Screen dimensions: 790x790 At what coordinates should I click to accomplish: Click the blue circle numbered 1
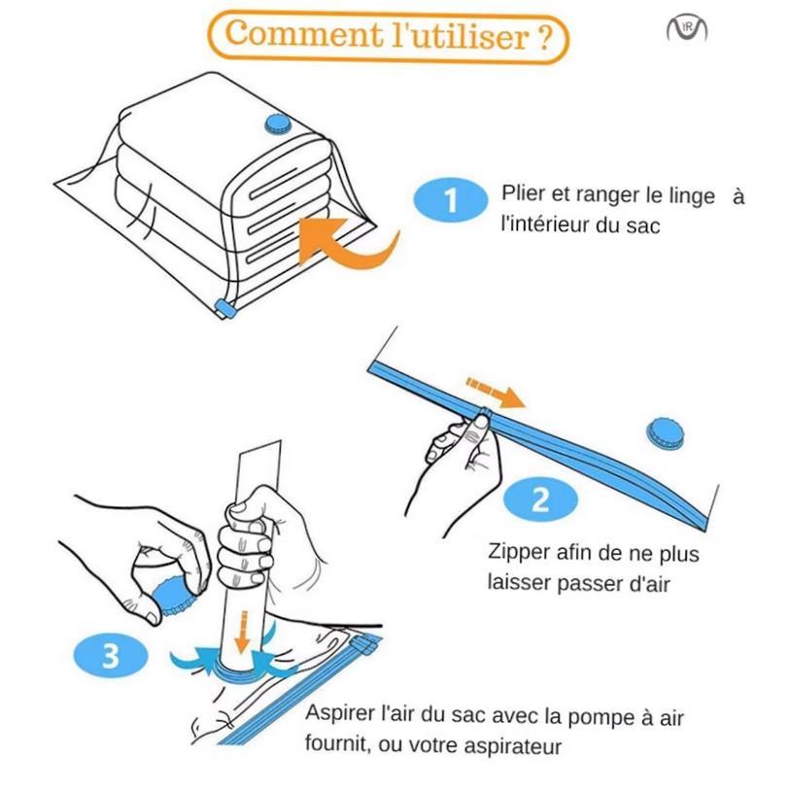pyautogui.click(x=450, y=200)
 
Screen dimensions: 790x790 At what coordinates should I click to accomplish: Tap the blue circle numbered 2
pyautogui.click(x=540, y=498)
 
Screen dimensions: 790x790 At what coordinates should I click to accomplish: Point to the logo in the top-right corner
pyautogui.click(x=686, y=29)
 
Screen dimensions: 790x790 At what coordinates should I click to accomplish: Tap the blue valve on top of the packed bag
pyautogui.click(x=278, y=122)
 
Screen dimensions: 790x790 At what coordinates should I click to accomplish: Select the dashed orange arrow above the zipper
pyautogui.click(x=495, y=391)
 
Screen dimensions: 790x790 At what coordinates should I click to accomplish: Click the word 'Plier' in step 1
pyautogui.click(x=522, y=194)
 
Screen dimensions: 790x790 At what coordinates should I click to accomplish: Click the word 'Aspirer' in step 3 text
pyautogui.click(x=339, y=712)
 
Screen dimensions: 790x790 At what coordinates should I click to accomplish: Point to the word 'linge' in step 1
pyautogui.click(x=691, y=194)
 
